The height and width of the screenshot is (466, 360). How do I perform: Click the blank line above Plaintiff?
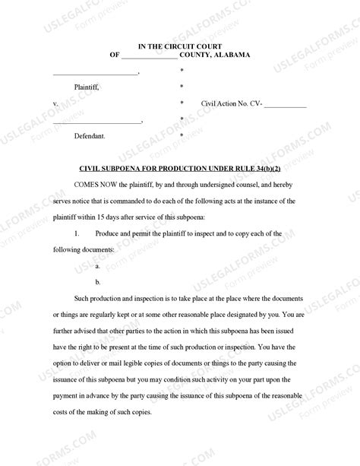pos(95,74)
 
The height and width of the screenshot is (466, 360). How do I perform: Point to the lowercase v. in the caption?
pos(55,103)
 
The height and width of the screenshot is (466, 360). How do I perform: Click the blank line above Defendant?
pos(96,122)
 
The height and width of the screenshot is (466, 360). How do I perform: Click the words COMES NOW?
pos(97,185)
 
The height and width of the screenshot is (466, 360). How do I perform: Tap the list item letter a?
pos(97,266)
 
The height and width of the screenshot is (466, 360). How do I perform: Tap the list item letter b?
pos(97,282)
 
